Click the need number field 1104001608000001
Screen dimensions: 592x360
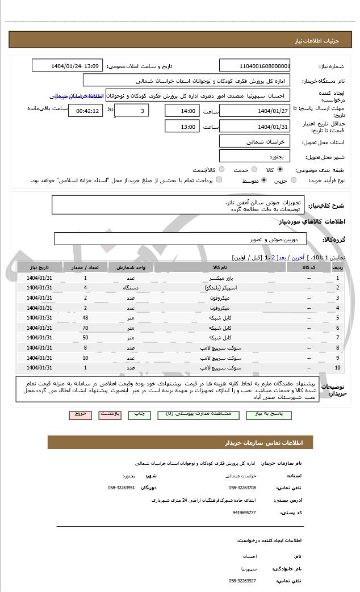point(254,66)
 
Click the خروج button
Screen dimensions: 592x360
point(80,414)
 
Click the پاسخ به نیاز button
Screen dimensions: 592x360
point(267,414)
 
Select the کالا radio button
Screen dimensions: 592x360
point(280,170)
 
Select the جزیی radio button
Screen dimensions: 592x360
point(293,180)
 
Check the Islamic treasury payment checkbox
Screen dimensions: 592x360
point(219,180)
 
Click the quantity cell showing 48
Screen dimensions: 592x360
point(85,317)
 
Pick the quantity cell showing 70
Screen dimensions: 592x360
point(85,328)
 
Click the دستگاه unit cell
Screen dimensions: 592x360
point(131,288)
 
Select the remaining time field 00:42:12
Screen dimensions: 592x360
point(85,111)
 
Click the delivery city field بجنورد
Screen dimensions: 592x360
point(254,155)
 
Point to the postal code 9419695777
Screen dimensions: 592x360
point(244,513)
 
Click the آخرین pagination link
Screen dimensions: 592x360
point(298,257)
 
